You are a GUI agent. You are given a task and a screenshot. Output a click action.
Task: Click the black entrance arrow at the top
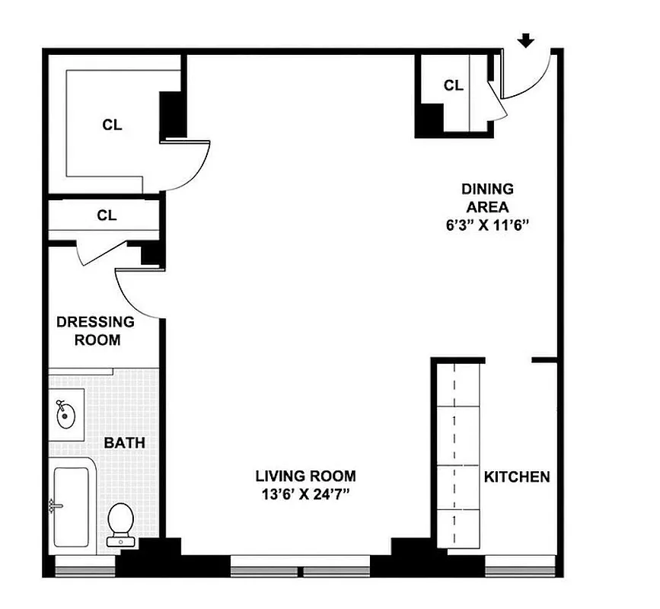(525, 40)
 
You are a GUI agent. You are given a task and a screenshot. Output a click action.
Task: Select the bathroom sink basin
(65, 416)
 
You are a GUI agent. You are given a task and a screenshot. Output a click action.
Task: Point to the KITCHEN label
(517, 477)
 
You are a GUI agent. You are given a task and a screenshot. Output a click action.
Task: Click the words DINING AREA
(488, 197)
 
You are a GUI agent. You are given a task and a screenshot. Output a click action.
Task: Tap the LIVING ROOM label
(305, 477)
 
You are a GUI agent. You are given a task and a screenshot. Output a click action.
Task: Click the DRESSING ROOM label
(95, 331)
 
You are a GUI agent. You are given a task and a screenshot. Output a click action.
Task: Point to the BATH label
(124, 442)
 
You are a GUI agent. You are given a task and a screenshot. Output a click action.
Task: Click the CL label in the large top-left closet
(112, 126)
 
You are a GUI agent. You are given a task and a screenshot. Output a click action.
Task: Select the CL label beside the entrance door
(454, 85)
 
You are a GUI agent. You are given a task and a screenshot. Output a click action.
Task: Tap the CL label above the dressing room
(107, 215)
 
